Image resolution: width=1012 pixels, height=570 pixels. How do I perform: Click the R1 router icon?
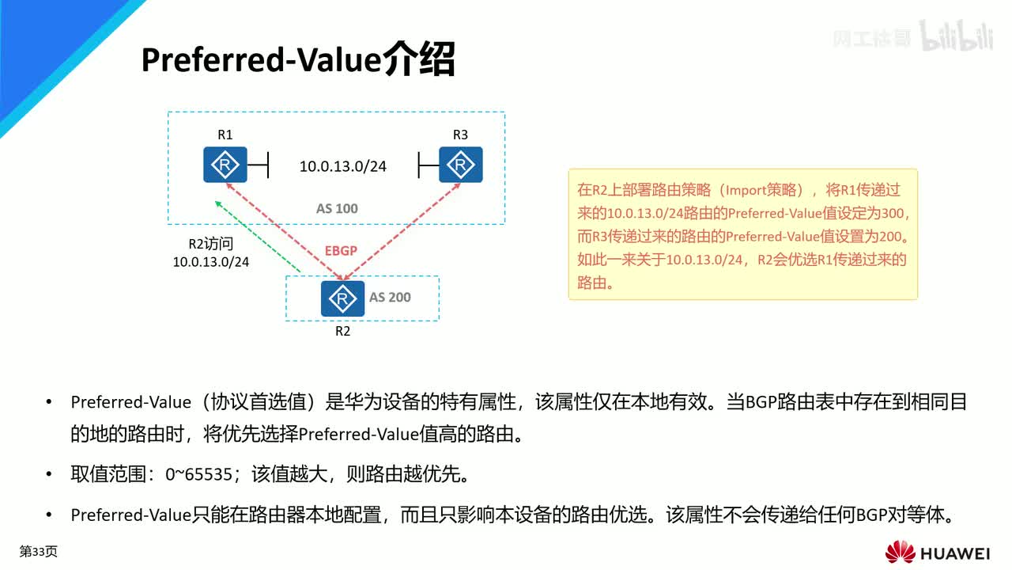pyautogui.click(x=225, y=165)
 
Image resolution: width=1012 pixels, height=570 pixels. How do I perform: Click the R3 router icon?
pyautogui.click(x=460, y=165)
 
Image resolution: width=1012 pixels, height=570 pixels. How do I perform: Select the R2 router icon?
pyautogui.click(x=342, y=298)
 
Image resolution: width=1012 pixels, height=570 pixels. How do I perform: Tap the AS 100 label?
pyautogui.click(x=337, y=208)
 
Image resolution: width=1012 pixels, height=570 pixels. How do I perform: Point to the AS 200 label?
pyautogui.click(x=390, y=298)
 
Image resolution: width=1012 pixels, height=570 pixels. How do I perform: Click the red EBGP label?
pyautogui.click(x=341, y=250)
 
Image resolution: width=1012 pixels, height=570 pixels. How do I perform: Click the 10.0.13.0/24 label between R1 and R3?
pyautogui.click(x=342, y=166)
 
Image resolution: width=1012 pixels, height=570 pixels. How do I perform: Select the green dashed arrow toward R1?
pyautogui.click(x=257, y=237)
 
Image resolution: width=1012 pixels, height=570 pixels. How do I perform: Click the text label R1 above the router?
pyautogui.click(x=225, y=135)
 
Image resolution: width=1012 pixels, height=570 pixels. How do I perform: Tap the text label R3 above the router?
pyautogui.click(x=460, y=135)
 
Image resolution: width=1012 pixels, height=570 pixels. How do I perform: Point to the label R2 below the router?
pyautogui.click(x=342, y=331)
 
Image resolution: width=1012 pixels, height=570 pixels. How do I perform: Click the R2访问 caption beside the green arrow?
pyautogui.click(x=210, y=244)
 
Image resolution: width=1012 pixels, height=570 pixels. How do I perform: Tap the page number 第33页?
pyautogui.click(x=38, y=552)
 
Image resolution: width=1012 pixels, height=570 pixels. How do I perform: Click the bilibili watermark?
pyautogui.click(x=956, y=38)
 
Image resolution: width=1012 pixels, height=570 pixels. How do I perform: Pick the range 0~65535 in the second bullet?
pyautogui.click(x=198, y=474)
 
